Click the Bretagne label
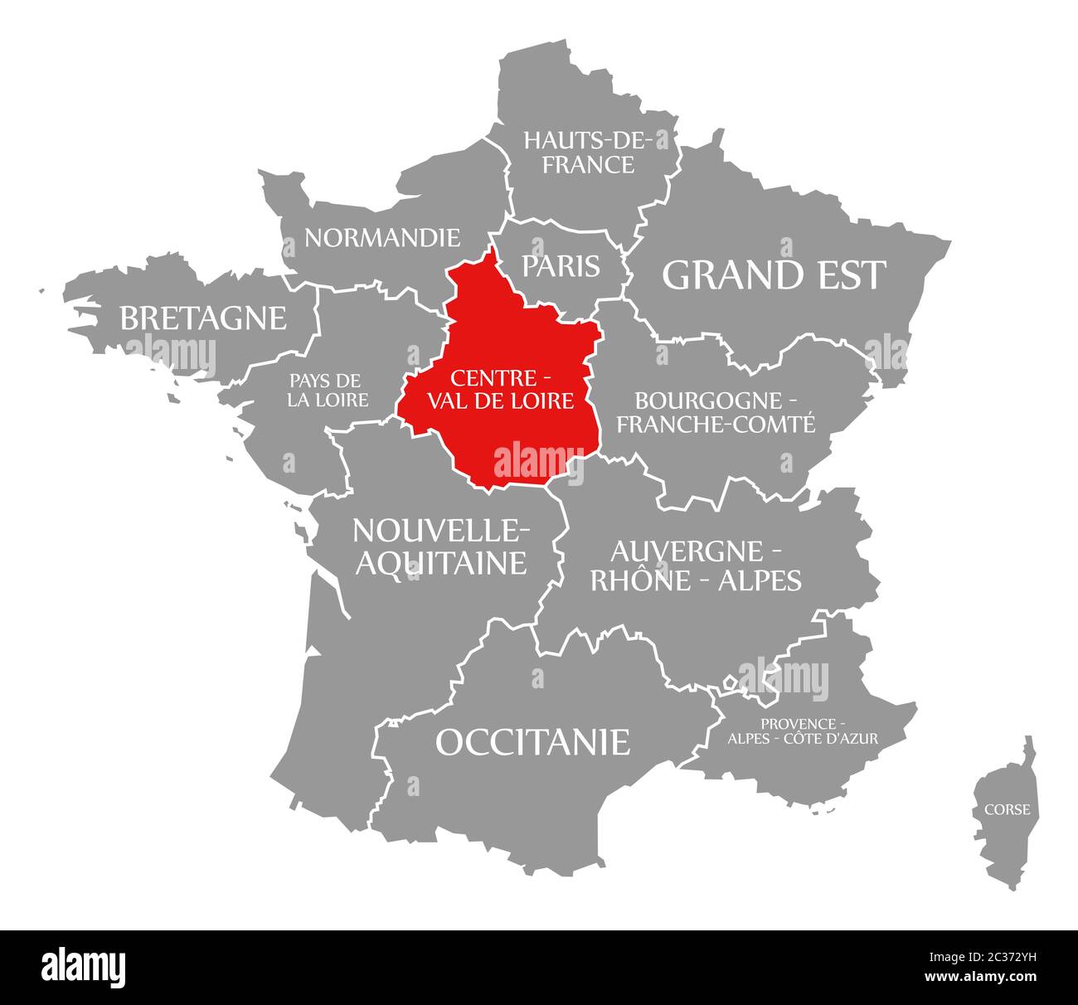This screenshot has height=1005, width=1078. pos(203,318)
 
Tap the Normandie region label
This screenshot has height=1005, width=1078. pos(381,238)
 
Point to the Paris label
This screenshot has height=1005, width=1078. pos(561,265)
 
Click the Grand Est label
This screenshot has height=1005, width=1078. pos(774,275)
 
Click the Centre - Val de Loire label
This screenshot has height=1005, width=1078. pos(501,390)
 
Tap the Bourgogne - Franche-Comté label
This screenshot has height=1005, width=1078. pos(716,412)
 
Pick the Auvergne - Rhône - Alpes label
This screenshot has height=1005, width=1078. pos(695,566)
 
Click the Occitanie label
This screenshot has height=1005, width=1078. pos(532,741)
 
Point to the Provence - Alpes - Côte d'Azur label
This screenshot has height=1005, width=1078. pos(803,730)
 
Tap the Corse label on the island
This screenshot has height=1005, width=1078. pos(1008,809)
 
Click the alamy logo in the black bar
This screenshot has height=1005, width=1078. pos(84,967)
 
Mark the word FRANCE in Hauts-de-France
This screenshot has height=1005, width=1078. pos(588,165)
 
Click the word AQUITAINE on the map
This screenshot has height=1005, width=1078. pos(440,562)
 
